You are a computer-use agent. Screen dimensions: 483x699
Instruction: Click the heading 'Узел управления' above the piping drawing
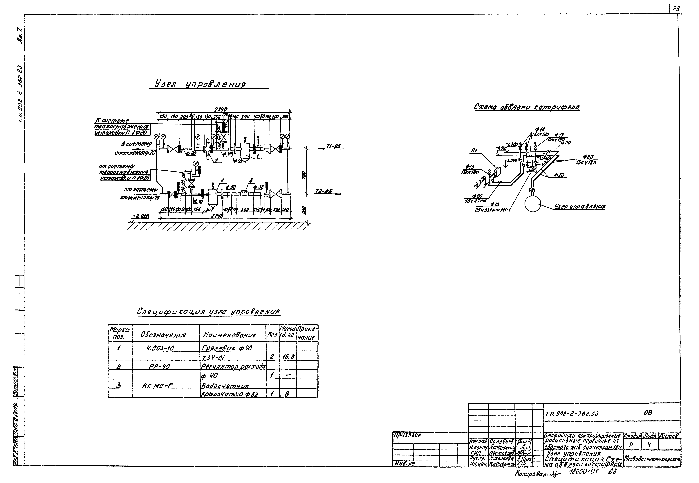(x=200, y=84)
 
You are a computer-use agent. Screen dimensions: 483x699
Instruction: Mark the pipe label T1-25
(x=333, y=146)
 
